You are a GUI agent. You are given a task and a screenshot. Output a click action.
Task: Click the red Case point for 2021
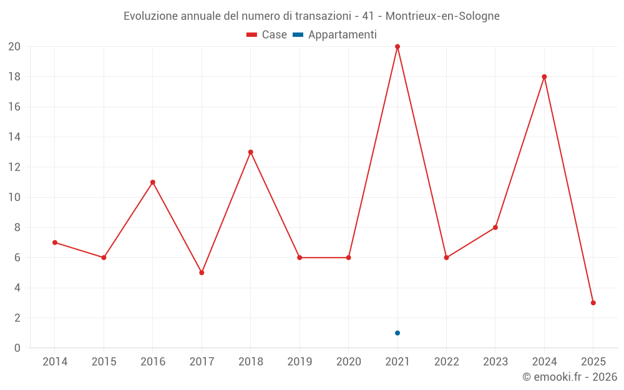tap(397, 47)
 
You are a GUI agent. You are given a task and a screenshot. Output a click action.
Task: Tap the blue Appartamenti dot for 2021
tap(397, 333)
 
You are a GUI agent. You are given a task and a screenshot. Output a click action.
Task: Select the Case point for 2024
tap(544, 77)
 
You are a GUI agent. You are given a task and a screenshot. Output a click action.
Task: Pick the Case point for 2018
tap(250, 152)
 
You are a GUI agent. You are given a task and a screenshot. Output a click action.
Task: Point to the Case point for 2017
tap(202, 273)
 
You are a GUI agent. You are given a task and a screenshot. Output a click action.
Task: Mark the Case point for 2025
tap(593, 303)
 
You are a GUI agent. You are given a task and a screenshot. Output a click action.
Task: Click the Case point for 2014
tap(55, 242)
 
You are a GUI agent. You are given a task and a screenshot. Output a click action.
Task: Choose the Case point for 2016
tap(153, 182)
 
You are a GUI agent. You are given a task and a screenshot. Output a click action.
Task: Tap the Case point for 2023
tap(495, 227)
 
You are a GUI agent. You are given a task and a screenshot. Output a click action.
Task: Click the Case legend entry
tap(267, 35)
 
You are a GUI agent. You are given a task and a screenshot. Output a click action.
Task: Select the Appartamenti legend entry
tap(335, 35)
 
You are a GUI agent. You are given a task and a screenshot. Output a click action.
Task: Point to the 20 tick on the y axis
tap(14, 47)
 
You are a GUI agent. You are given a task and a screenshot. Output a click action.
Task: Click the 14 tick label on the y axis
tap(14, 137)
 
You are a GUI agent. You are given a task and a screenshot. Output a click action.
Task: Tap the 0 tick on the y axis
tap(17, 348)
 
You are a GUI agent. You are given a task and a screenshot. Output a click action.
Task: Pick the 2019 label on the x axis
tap(300, 362)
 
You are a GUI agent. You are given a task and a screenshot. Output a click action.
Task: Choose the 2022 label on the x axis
tap(446, 362)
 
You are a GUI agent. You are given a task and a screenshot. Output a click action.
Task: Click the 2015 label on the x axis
tap(104, 362)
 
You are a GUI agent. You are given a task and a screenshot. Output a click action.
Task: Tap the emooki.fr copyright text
tap(570, 377)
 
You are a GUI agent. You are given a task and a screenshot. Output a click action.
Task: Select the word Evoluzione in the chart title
tap(150, 16)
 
